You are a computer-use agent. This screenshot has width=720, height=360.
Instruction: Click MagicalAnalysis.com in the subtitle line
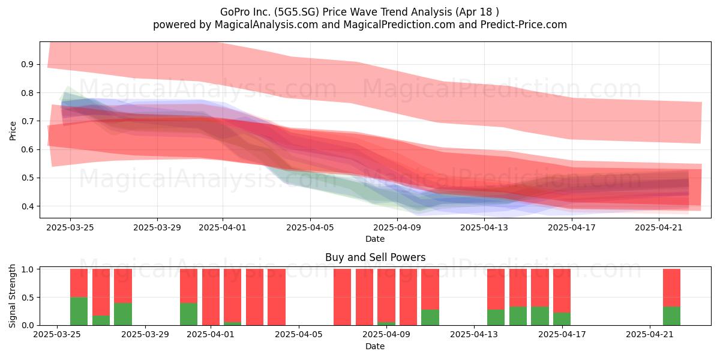266,25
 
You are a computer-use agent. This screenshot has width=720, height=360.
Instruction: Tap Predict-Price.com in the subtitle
524,25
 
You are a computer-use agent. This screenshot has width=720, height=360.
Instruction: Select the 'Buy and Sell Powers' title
375,257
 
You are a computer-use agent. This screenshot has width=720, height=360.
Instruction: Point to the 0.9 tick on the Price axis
27,65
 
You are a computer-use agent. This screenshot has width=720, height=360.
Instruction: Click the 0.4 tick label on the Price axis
27,206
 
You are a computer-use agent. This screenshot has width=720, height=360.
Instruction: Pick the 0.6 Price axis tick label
27,150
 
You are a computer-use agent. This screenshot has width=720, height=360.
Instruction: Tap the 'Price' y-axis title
13,131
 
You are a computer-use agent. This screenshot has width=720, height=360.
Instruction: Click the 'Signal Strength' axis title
12,296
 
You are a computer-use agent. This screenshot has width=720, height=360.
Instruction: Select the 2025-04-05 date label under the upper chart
310,228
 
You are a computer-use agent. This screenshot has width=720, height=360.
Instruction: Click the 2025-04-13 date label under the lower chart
474,335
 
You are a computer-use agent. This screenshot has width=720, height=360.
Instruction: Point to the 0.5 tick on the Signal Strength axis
28,298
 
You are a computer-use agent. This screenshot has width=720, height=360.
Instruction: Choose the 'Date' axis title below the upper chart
375,239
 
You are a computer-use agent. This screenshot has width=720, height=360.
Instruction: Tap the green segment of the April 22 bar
671,316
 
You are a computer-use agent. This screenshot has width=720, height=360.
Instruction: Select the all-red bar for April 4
277,297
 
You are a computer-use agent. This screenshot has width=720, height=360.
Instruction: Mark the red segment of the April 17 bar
562,291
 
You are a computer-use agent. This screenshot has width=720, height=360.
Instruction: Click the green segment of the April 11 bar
430,317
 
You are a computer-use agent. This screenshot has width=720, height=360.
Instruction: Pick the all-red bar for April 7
343,297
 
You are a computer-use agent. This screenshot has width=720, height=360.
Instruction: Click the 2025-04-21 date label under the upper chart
659,228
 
